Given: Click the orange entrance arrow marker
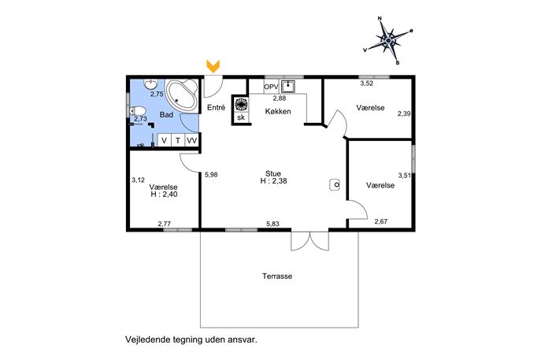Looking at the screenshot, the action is tap(213, 66).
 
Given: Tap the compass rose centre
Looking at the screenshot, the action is tap(389, 40).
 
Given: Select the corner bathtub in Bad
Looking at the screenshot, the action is tap(181, 95).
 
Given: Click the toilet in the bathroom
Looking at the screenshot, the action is tap(138, 111).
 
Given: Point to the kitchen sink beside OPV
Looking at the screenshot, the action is tap(287, 86).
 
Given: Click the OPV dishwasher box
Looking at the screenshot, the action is tap(271, 87).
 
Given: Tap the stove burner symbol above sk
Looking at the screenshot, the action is tap(241, 104).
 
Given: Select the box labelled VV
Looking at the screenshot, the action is tap(192, 140).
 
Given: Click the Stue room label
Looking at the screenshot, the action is tap(273, 173).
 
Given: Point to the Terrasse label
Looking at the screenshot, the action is tap(277, 276).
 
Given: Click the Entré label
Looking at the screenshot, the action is tap(216, 108).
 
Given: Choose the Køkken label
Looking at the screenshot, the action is tap(278, 112).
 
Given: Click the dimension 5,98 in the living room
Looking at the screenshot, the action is tap(211, 175).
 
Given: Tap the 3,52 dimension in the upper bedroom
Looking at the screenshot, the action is tap(367, 84).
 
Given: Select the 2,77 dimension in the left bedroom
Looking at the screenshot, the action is tap(165, 224).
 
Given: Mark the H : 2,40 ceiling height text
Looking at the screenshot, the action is tap(164, 195).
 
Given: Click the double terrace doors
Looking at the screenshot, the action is tap(309, 240).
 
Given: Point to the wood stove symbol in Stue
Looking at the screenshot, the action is tap(335, 184).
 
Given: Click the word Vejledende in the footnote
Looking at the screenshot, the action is tap(143, 340).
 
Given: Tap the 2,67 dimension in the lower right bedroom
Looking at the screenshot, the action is tap(381, 221).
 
